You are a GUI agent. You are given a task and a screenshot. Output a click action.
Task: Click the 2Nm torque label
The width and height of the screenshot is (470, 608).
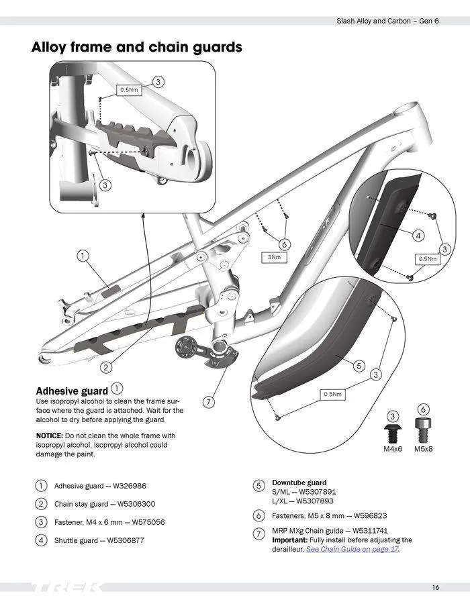pos(274,257)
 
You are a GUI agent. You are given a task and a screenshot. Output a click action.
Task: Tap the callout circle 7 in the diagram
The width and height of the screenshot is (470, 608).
pos(209,402)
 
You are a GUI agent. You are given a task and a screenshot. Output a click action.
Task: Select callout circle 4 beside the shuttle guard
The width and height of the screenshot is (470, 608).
pos(418,236)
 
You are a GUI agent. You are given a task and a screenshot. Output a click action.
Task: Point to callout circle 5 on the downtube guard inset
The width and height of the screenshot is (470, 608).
pos(359,366)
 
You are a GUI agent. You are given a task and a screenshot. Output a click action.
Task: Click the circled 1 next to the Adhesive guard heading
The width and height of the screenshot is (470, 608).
pos(117,389)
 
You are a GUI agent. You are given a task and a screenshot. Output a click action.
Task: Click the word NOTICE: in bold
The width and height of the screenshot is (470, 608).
pos(49,436)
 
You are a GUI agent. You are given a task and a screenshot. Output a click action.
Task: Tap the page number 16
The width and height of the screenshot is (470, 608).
pos(436,588)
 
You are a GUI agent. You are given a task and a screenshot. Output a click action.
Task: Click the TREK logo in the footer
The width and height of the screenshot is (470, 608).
pos(67,588)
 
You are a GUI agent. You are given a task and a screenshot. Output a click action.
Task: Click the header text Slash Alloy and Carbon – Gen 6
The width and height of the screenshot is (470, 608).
pos(387,21)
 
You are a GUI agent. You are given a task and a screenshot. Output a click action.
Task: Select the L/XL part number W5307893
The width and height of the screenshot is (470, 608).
pos(315,501)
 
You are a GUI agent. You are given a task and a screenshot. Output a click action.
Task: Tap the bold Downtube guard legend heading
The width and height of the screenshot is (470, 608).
pos(299,483)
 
